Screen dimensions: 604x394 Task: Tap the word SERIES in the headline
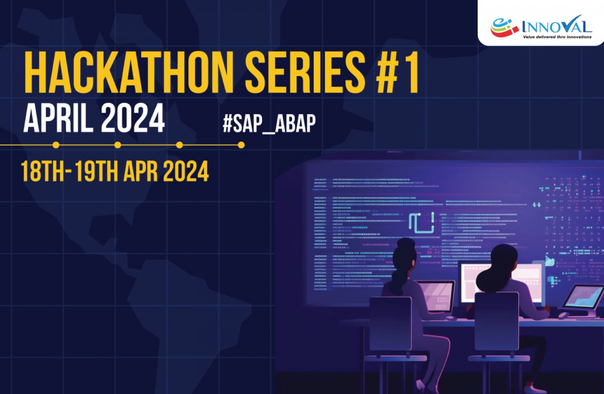(x=305, y=72)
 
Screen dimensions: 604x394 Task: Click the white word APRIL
(x=57, y=118)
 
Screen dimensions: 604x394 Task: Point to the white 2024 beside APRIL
(x=133, y=118)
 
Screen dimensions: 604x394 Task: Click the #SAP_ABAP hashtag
(x=269, y=124)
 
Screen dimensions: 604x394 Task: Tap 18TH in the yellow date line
(x=43, y=171)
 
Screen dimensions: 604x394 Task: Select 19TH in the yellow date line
(x=96, y=171)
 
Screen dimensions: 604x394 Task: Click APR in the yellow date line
(x=140, y=171)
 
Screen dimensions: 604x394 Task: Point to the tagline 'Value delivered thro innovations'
(x=557, y=37)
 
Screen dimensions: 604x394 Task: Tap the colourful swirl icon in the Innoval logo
(x=504, y=27)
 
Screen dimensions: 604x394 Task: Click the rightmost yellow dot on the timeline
(x=241, y=145)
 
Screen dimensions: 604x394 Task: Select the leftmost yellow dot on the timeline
(x=56, y=145)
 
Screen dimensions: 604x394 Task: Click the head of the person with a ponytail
(x=405, y=257)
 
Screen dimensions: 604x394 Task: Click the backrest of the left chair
(x=390, y=324)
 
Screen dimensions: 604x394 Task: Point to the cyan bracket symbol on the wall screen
(x=421, y=223)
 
